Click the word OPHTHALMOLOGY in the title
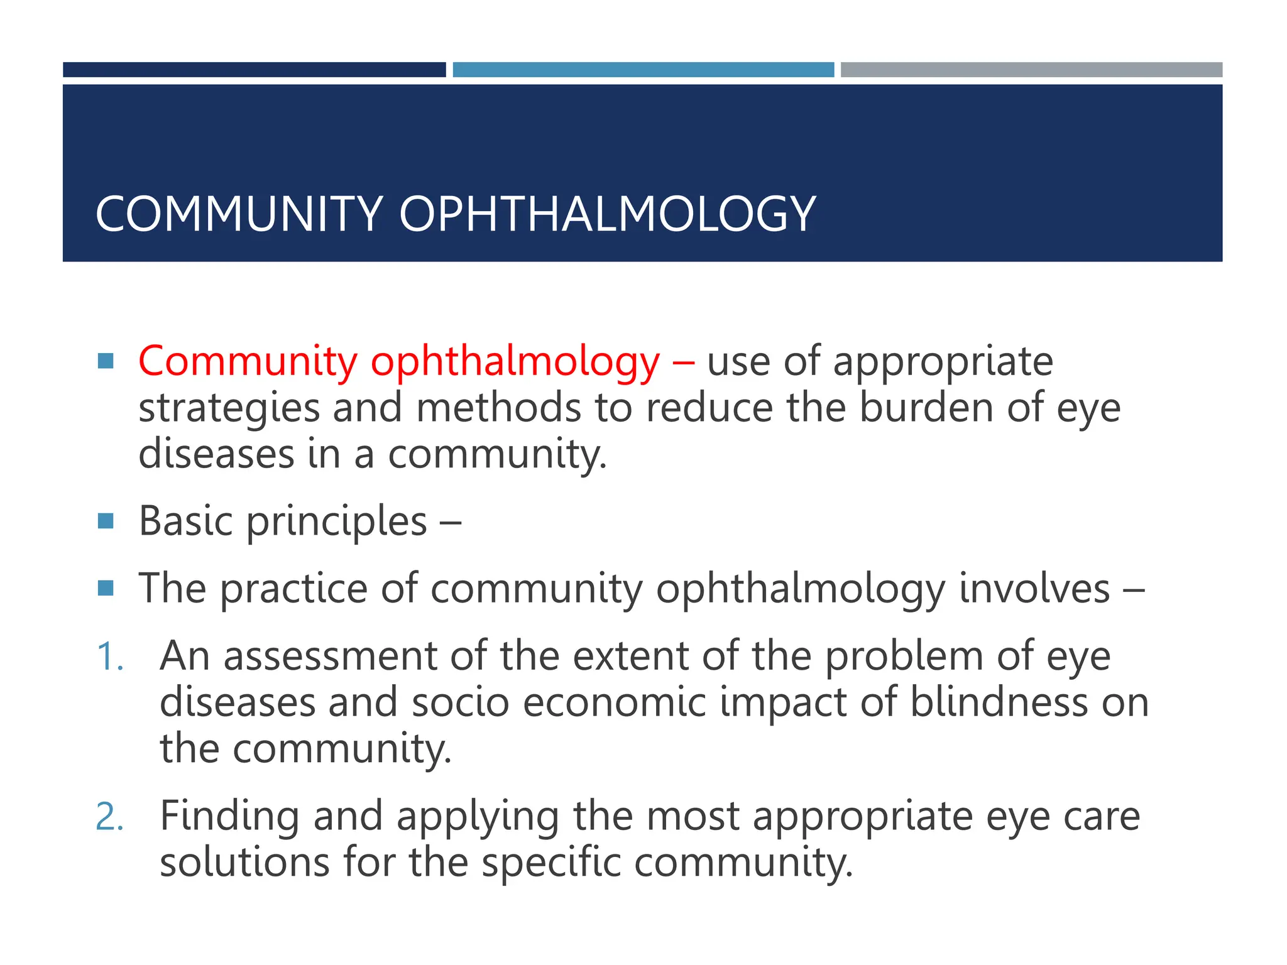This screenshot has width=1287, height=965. (607, 214)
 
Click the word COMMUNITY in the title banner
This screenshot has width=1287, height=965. (239, 214)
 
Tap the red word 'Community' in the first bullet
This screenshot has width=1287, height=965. (248, 363)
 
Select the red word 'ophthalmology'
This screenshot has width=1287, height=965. (515, 363)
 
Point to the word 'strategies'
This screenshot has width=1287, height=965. (229, 409)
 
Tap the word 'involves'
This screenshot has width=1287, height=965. (1034, 589)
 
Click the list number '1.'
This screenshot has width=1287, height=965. (110, 657)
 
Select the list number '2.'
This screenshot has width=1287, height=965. (110, 817)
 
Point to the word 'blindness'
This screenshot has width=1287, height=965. (999, 702)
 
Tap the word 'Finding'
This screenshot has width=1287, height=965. (229, 817)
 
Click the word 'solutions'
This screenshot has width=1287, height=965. (244, 863)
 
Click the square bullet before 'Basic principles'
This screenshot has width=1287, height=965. (106, 521)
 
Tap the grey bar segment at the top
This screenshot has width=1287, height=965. (1031, 70)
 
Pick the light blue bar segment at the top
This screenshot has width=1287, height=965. (643, 70)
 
